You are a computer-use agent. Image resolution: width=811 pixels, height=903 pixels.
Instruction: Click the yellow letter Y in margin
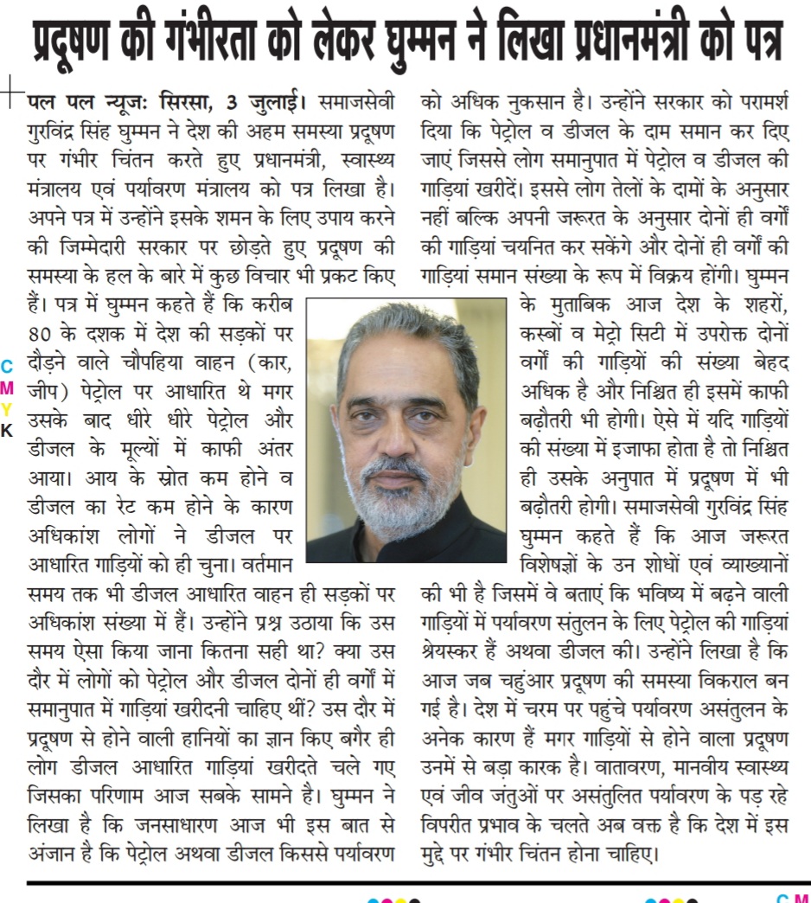pos(7,407)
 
